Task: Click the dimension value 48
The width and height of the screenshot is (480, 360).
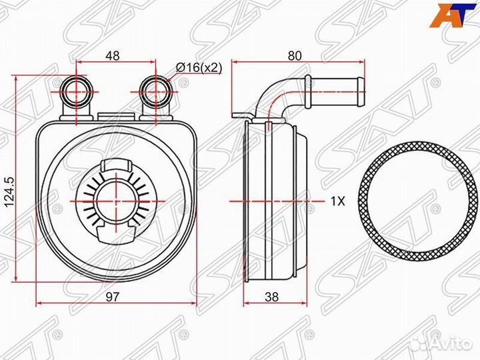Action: click(x=113, y=56)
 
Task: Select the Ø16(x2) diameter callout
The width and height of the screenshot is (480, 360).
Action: click(x=199, y=67)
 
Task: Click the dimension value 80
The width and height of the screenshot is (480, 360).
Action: click(x=295, y=56)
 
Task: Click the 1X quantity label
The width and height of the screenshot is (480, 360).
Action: click(x=337, y=201)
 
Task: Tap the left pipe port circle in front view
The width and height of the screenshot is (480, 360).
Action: click(x=76, y=91)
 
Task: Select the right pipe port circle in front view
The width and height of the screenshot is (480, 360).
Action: click(x=155, y=91)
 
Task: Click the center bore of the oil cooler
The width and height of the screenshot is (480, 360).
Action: click(x=116, y=201)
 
